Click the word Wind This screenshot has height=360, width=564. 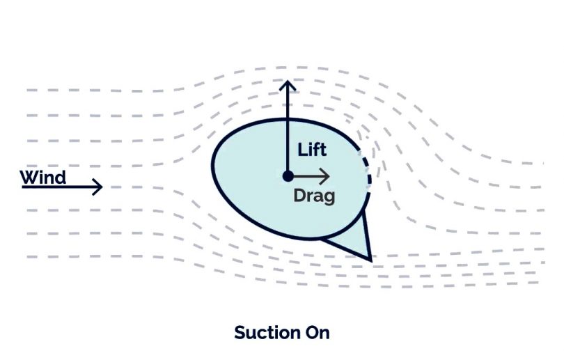[x=43, y=177]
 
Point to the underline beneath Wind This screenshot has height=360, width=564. [x=43, y=187]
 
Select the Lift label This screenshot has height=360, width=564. [x=312, y=150]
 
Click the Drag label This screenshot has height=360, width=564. [x=314, y=196]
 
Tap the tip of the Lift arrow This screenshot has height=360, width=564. [x=286, y=83]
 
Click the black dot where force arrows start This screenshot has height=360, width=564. [x=287, y=176]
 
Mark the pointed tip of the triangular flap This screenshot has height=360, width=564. [x=371, y=258]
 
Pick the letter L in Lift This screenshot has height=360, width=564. [x=301, y=150]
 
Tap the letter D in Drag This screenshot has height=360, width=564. [x=299, y=196]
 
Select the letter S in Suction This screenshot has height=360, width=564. [x=240, y=332]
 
